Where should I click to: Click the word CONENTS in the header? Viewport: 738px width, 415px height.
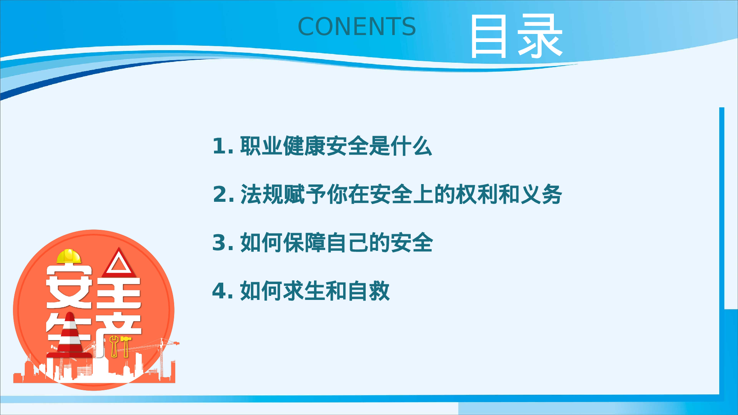pos(356,27)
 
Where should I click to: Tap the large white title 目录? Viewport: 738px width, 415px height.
pos(516,36)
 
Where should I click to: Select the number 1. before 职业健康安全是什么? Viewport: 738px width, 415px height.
pos(223,146)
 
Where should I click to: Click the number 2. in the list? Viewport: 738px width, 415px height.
pos(223,194)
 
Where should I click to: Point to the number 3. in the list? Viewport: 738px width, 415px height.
pos(223,243)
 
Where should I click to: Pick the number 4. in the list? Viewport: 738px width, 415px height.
pos(223,291)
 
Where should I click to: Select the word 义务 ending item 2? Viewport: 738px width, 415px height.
pos(541,194)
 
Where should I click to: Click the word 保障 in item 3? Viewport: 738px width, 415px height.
pos(304,243)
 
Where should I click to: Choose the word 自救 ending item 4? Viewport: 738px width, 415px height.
pos(369,291)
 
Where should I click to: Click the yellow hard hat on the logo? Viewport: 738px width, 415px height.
pos(69,256)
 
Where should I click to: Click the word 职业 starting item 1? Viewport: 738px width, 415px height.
pos(261,146)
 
